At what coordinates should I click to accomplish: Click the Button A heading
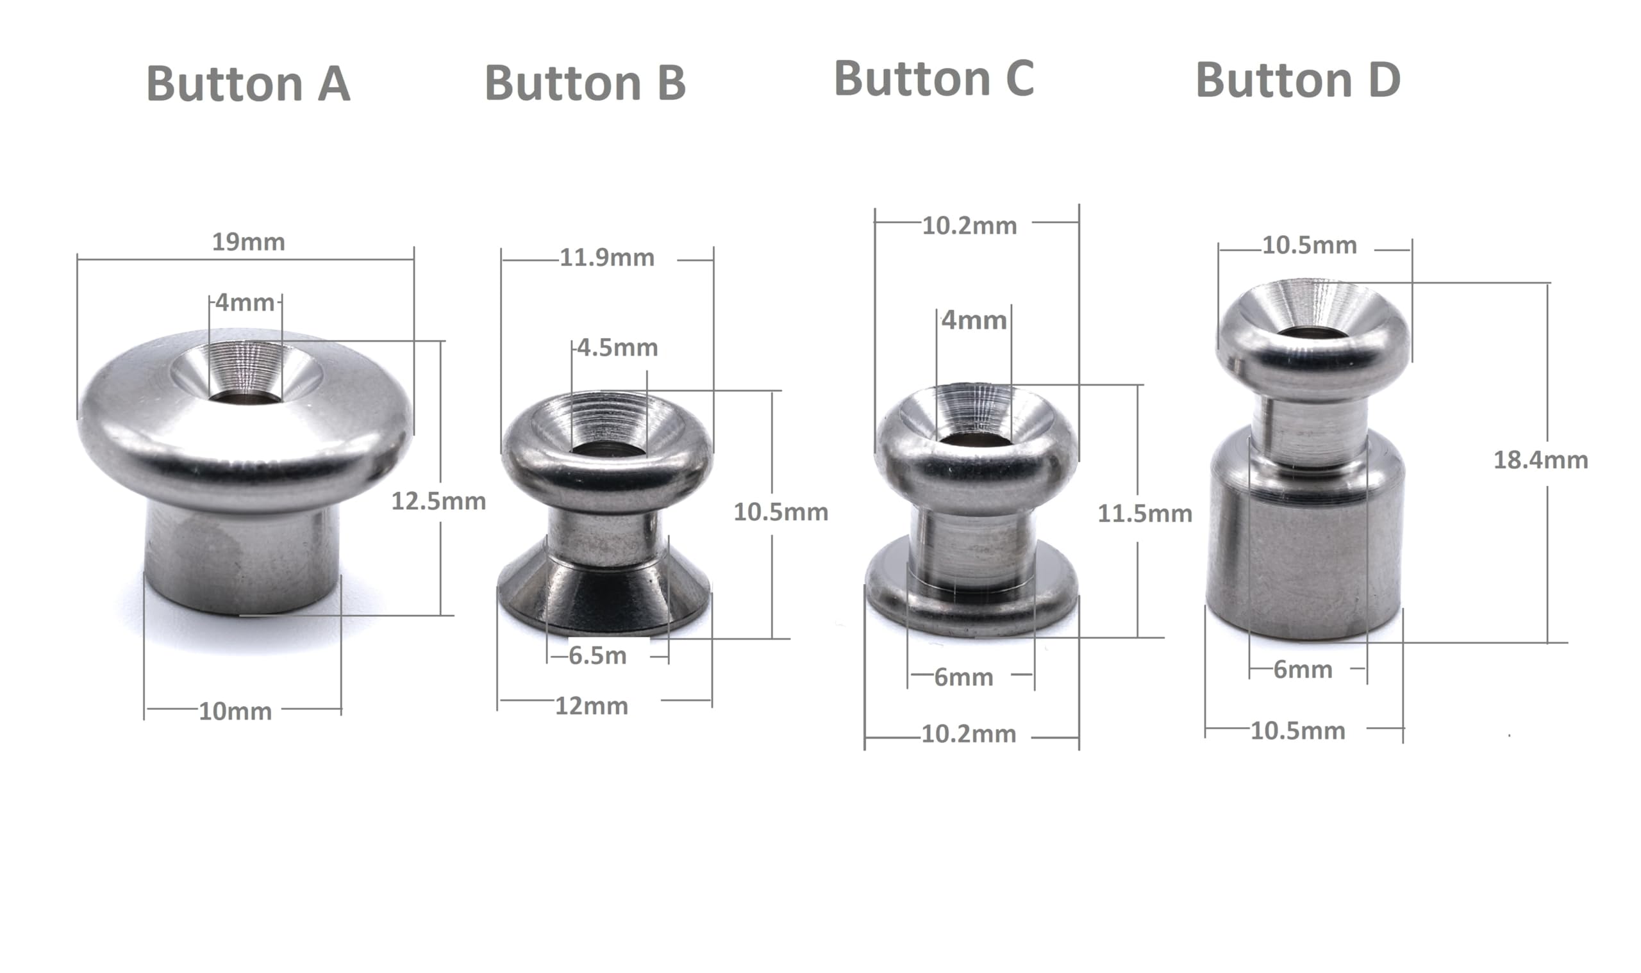coord(248,83)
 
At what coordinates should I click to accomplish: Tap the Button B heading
coord(585,83)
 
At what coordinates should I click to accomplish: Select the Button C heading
coord(934,78)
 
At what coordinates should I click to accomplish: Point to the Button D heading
coord(1298,80)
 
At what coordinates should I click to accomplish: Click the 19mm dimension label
coord(248,242)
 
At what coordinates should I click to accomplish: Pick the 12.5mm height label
coord(438,502)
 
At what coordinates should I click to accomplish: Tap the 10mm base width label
coord(235,712)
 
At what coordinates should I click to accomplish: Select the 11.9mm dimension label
coord(607,258)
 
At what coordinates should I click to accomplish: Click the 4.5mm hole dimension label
coord(617,347)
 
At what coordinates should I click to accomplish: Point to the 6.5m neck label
coord(597,656)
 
